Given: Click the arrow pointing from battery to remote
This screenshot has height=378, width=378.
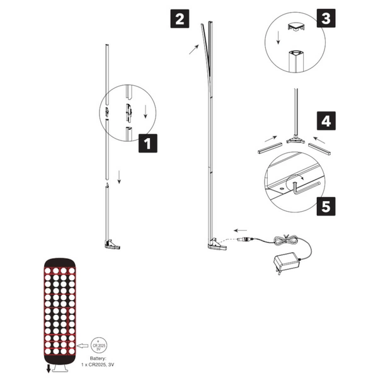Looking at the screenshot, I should click(83, 345).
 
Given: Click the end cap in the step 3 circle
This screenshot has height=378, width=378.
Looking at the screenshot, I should click(295, 26).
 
